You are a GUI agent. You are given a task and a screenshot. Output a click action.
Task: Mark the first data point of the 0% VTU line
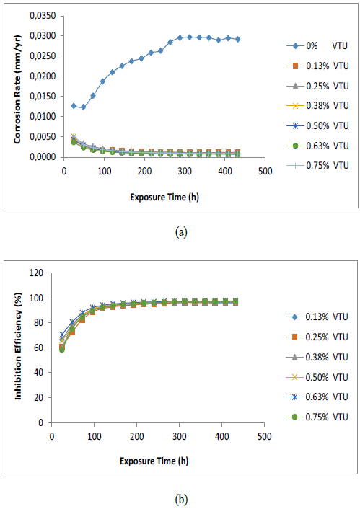pyautogui.click(x=74, y=105)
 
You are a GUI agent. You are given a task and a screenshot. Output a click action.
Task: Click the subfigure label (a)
pyautogui.click(x=180, y=233)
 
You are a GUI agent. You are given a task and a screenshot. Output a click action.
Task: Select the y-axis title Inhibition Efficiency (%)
pyautogui.click(x=17, y=348)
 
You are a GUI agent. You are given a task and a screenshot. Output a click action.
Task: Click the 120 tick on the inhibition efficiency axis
pyautogui.click(x=42, y=273)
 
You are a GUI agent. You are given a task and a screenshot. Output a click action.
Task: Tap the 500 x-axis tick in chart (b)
pyautogui.click(x=265, y=435)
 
